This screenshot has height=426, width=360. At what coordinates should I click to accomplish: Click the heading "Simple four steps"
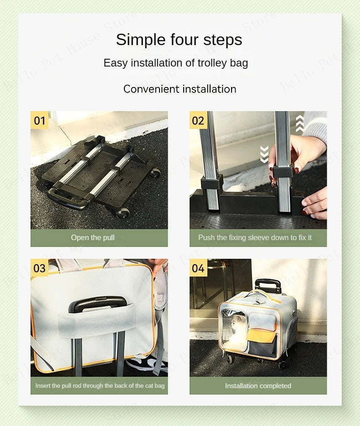179,40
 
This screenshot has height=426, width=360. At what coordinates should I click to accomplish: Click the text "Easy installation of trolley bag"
176,63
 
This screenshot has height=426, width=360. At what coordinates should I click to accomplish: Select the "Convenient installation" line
180,89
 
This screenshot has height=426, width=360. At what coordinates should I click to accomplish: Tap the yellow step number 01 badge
40,120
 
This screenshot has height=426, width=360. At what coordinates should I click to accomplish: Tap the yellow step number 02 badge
198,120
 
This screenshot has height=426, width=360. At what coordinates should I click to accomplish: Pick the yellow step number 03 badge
40,268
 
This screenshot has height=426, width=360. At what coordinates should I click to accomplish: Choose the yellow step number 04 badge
198,268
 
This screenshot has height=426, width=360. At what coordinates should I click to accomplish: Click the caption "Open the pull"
93,237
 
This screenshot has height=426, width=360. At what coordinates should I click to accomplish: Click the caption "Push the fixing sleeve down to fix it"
255,237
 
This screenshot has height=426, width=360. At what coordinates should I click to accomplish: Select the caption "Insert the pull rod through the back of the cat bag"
100,385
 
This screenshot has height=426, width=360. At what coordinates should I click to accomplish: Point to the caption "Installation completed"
258,385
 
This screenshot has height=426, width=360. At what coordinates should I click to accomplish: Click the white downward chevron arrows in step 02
264,154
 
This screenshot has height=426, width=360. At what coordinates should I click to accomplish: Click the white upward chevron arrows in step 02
299,123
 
